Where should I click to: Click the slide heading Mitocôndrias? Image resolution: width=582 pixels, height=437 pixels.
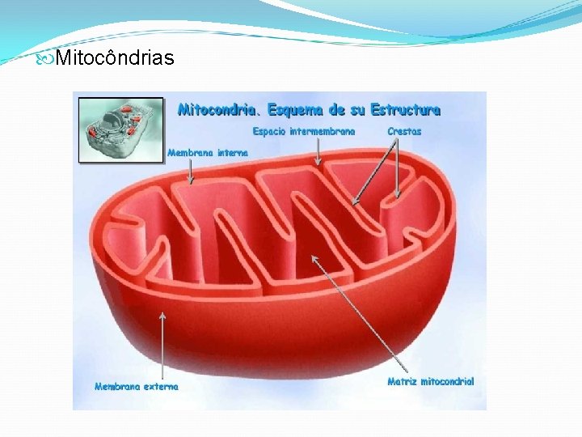(x=115, y=58)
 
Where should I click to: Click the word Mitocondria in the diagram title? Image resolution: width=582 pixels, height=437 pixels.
(x=214, y=108)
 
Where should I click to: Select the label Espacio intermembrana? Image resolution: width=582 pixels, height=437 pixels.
(x=304, y=131)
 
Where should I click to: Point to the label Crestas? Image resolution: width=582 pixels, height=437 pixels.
(x=404, y=131)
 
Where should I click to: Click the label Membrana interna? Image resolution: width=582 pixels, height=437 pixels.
(x=208, y=151)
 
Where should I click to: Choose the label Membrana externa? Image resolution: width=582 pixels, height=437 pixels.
(x=137, y=386)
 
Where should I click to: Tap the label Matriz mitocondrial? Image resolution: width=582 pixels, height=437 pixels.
(x=431, y=381)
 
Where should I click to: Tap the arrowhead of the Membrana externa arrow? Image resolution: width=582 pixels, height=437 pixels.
(x=162, y=316)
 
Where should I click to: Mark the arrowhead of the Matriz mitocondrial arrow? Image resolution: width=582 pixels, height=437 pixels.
(x=315, y=258)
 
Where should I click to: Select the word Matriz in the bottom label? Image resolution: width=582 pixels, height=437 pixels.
(x=402, y=381)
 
